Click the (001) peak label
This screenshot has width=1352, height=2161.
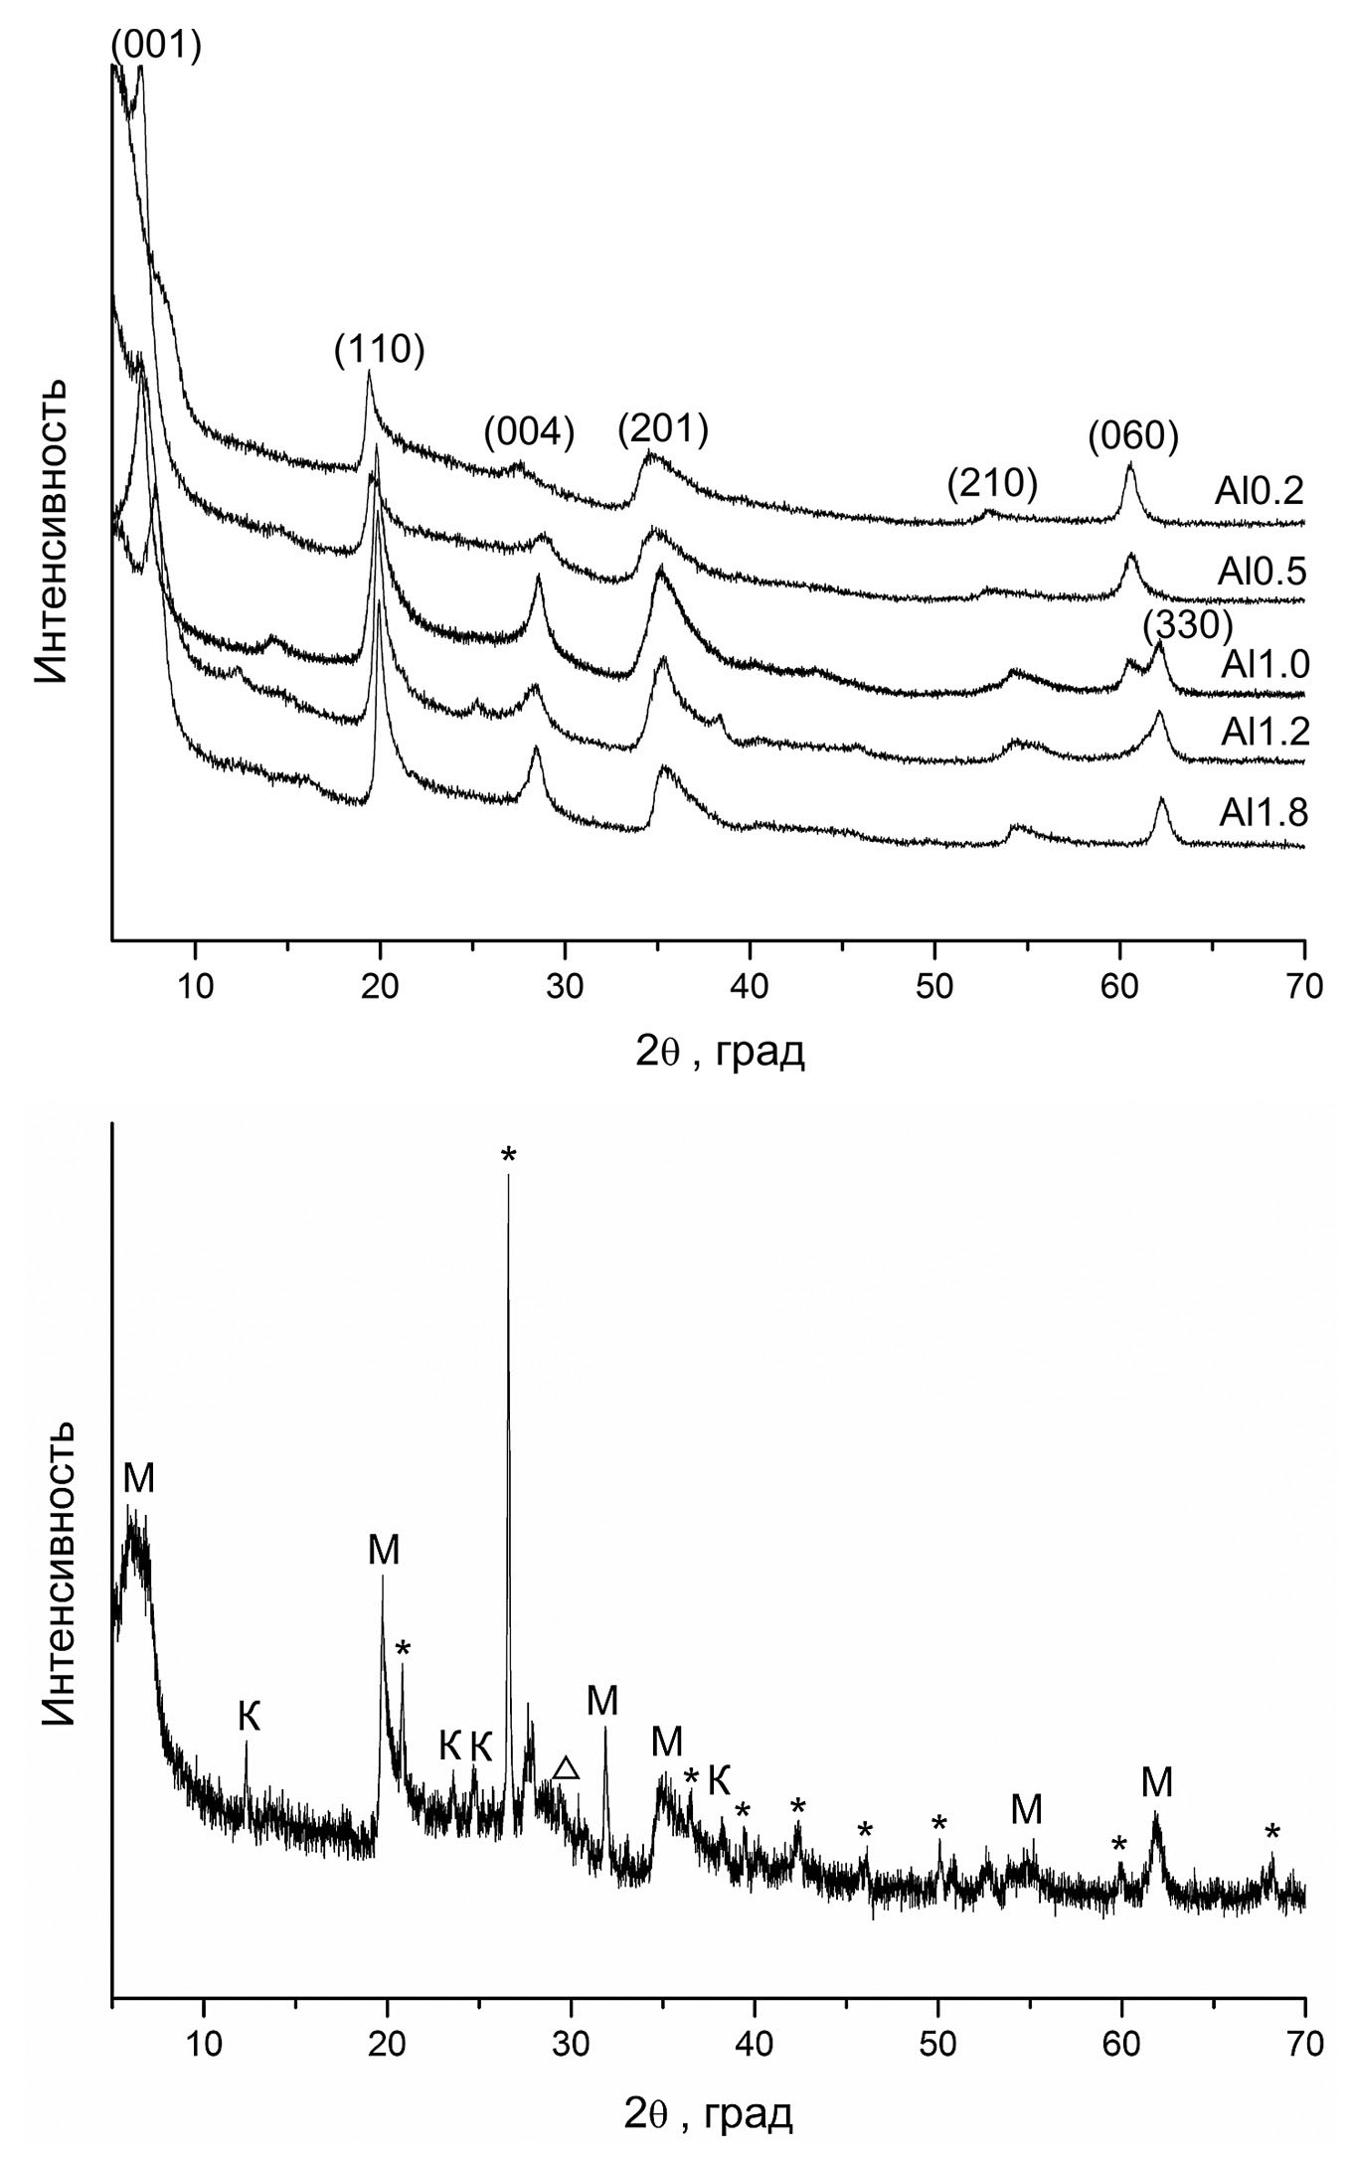click(x=156, y=45)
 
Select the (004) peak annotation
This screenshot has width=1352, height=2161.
click(x=530, y=433)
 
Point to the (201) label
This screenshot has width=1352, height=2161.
click(x=663, y=429)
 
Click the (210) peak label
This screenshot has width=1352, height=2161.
click(x=992, y=483)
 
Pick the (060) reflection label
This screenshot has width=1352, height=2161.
click(x=1133, y=434)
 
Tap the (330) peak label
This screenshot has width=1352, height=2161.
click(x=1187, y=625)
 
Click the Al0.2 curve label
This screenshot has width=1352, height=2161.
click(x=1258, y=490)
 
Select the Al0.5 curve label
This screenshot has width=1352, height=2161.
click(x=1261, y=572)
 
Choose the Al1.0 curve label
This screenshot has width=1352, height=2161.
click(x=1265, y=663)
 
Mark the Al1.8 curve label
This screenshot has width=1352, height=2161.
click(x=1265, y=813)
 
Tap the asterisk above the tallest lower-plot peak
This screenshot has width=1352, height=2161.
click(x=509, y=1154)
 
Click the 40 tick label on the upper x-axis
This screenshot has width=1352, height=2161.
click(x=750, y=987)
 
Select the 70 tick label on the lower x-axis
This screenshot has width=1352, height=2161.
click(x=1304, y=2044)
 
